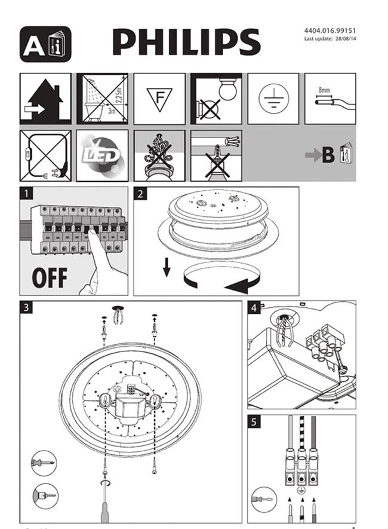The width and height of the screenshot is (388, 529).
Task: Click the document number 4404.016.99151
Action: click(x=330, y=30)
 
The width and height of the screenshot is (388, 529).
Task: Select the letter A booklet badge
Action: click(x=45, y=44)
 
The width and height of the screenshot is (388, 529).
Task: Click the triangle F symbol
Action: click(x=159, y=99)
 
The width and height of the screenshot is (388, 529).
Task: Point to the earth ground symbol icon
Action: click(x=273, y=99)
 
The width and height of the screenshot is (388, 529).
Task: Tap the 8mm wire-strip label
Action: click(x=324, y=89)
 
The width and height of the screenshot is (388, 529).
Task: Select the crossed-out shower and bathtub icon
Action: click(x=102, y=99)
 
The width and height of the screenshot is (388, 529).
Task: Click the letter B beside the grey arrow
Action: click(x=328, y=156)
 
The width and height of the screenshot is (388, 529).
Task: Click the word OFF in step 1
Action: click(x=49, y=278)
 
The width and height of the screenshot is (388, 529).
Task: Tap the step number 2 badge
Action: click(x=140, y=194)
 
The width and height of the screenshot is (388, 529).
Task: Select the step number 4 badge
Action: click(x=254, y=308)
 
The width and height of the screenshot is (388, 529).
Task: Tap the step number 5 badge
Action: click(x=254, y=421)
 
